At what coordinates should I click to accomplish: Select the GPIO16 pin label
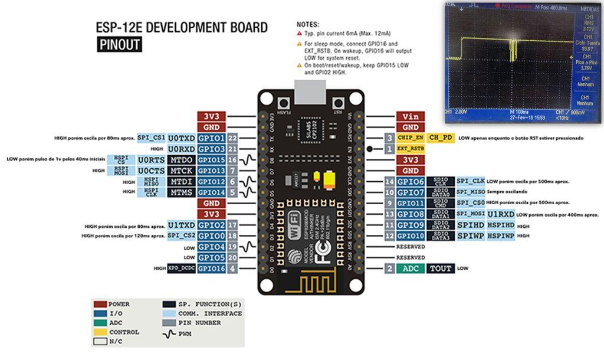pos(211,268)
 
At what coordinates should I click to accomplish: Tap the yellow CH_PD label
pos(441,138)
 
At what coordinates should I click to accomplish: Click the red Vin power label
pos(411,116)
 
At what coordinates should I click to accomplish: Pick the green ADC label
pos(410,269)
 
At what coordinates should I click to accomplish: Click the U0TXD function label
pos(181,138)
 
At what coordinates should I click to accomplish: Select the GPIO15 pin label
pos(211,160)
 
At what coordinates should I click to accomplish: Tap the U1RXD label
pos(501,214)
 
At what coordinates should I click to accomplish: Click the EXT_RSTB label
pos(411,149)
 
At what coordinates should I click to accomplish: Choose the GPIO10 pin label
pos(411,235)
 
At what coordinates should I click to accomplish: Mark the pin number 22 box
pos(232,138)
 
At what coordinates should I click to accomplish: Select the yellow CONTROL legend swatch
pos(100,332)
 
